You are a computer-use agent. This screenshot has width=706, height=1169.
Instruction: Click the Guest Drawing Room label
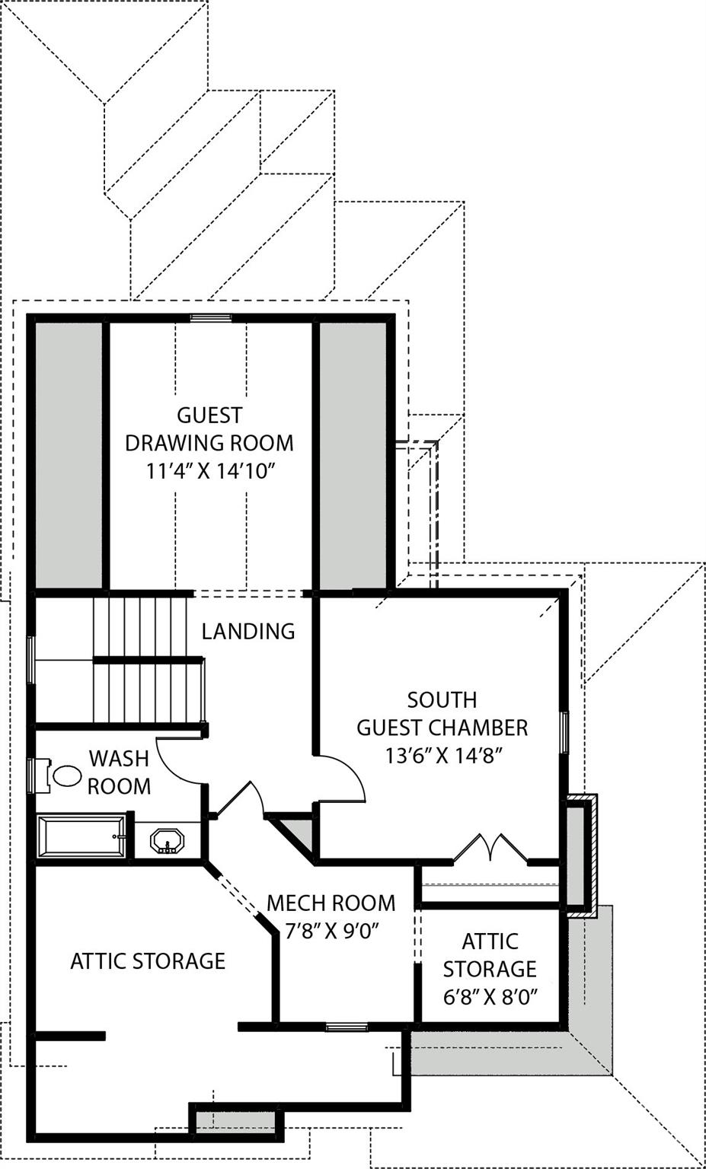tap(209, 428)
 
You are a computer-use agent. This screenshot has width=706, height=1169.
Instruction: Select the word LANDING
tap(248, 631)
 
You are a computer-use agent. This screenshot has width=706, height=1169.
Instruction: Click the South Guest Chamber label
tap(442, 714)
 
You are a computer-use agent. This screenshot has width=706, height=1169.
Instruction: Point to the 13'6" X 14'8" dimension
tap(442, 756)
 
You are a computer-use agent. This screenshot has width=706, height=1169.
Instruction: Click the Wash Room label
tap(119, 772)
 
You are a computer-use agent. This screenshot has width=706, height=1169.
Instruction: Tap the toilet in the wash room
tap(64, 776)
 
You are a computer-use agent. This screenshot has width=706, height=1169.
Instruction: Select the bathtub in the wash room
tap(82, 836)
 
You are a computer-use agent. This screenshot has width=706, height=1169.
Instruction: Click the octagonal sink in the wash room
tap(168, 842)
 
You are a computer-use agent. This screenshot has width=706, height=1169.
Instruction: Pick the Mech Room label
tap(331, 903)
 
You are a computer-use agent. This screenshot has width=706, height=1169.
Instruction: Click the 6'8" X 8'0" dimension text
tap(490, 997)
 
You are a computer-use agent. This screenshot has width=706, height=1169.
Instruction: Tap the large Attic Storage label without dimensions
tap(148, 961)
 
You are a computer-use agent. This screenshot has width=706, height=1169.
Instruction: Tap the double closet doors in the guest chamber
tap(491, 849)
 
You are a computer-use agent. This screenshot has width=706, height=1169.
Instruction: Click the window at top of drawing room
tap(211, 318)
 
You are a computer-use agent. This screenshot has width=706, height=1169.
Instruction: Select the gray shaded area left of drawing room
tap(69, 455)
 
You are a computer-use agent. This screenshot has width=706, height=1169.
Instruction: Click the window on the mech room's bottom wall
tap(347, 1027)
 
